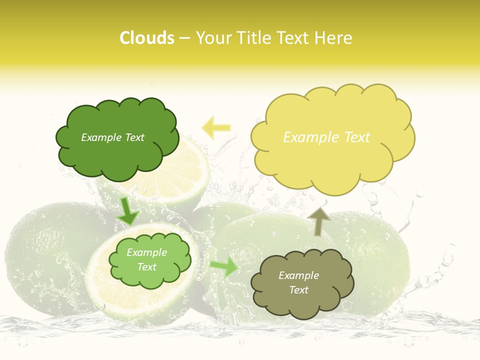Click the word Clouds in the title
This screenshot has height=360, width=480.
coord(147,38)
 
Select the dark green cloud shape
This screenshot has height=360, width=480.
coord(117,138)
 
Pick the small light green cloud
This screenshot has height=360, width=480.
coord(149,260)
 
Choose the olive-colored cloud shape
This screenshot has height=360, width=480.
coord(301,283)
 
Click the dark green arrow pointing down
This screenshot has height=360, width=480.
coord(128,211)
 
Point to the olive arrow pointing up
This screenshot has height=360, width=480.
coord(319,221)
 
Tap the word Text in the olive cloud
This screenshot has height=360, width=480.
coord(298,290)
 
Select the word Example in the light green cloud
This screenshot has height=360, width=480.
coord(146,252)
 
